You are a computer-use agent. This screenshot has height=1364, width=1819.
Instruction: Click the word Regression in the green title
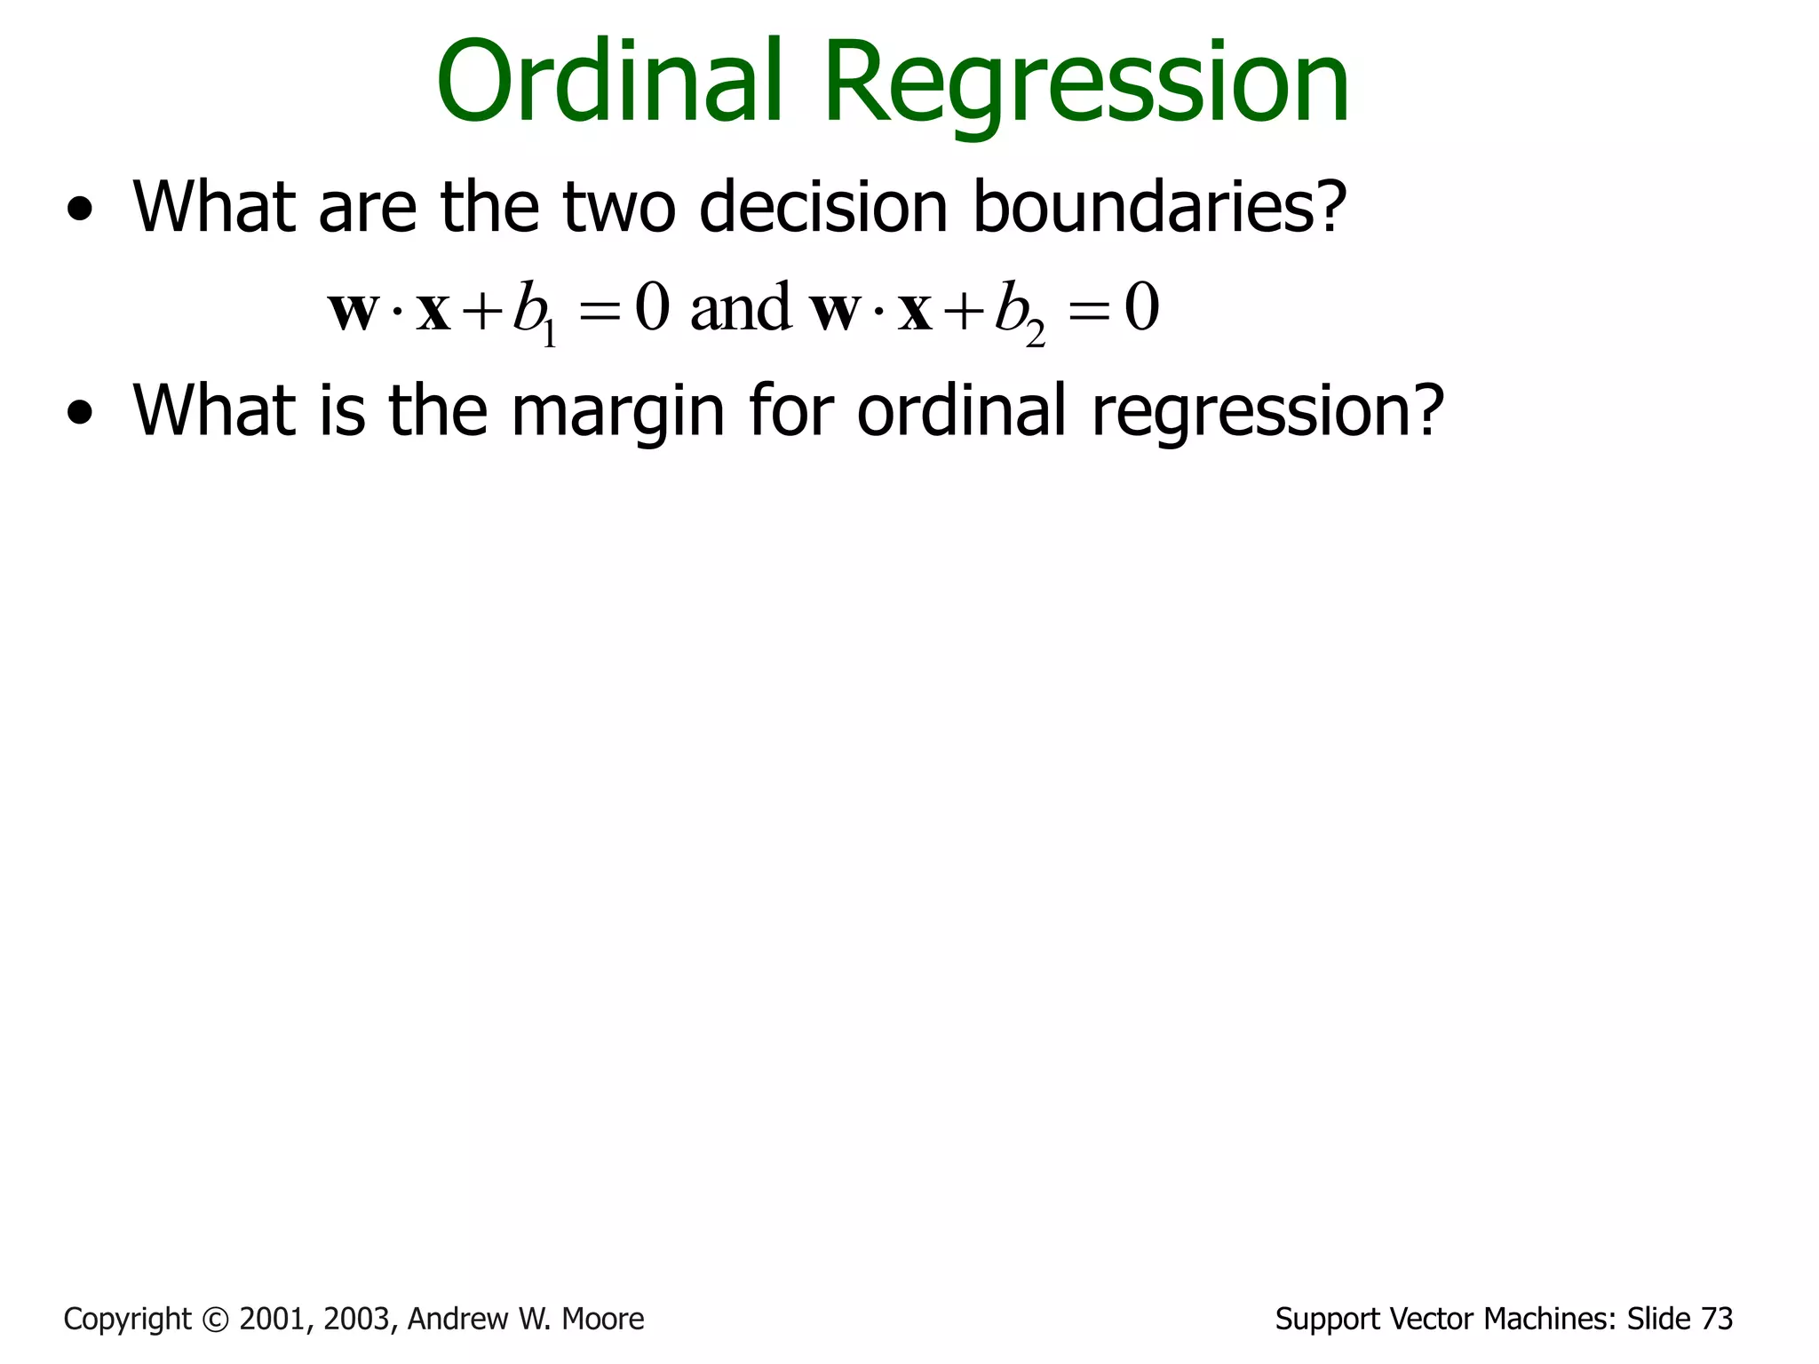coord(1086,87)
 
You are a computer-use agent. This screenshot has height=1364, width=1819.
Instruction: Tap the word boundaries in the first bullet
coord(1159,207)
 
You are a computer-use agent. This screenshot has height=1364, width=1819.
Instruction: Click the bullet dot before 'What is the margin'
coord(79,414)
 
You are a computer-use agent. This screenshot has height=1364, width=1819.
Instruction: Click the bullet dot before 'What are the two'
coord(79,210)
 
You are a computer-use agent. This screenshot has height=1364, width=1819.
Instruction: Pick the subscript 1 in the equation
coord(550,333)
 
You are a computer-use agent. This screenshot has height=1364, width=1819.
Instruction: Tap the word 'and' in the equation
coord(740,309)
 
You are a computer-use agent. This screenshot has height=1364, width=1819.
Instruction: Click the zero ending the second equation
coord(1141,309)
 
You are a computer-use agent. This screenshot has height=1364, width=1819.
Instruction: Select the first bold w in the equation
coord(353,312)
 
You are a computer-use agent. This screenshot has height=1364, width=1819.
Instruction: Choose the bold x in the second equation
coord(914,312)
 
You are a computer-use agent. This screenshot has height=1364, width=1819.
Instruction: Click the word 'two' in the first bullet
coord(619,207)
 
